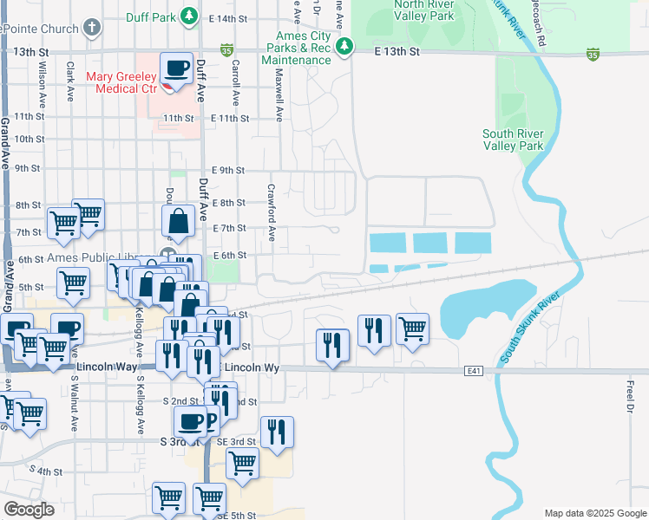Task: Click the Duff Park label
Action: pyautogui.click(x=149, y=16)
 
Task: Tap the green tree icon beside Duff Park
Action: pyautogui.click(x=187, y=16)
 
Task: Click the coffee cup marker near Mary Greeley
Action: pyautogui.click(x=177, y=68)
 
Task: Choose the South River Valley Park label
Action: pyautogui.click(x=513, y=140)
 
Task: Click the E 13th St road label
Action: pyautogui.click(x=397, y=52)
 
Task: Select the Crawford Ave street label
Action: pyautogui.click(x=271, y=212)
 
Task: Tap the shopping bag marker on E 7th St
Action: pyautogui.click(x=178, y=223)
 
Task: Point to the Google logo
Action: pyautogui.click(x=29, y=510)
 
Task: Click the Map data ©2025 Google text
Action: pyautogui.click(x=594, y=513)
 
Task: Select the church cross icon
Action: pyautogui.click(x=91, y=26)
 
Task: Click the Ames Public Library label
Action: pyautogui.click(x=91, y=258)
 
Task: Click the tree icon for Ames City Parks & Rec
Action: pyautogui.click(x=344, y=46)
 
